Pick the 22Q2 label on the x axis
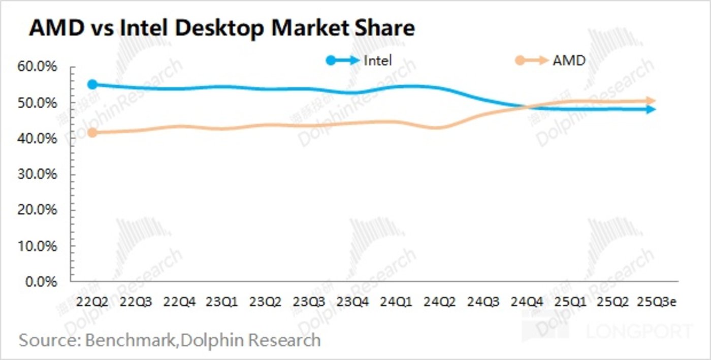92,302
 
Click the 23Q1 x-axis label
222,302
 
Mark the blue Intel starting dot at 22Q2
92,85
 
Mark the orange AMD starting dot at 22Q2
92,133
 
